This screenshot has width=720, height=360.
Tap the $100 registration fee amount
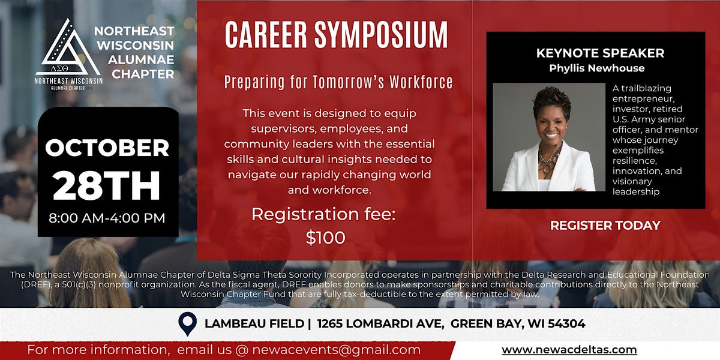[326, 238]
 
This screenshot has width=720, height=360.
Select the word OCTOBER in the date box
[107, 148]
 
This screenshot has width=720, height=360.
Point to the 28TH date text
[106, 186]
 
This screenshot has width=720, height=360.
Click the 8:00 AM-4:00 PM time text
[107, 218]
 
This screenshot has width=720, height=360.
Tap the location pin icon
[188, 323]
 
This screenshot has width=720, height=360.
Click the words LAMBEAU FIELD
[254, 323]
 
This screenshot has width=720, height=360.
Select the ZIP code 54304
[566, 323]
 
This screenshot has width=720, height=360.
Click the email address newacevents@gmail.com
[336, 350]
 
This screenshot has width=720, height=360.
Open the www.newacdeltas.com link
[569, 350]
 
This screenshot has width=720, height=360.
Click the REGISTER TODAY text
[605, 226]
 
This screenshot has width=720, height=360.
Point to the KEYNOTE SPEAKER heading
[600, 53]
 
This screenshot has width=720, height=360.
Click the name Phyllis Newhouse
[597, 68]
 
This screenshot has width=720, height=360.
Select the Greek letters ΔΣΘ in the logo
[59, 68]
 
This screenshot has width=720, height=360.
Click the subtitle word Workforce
[421, 82]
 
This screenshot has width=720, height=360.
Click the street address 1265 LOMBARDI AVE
[380, 323]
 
